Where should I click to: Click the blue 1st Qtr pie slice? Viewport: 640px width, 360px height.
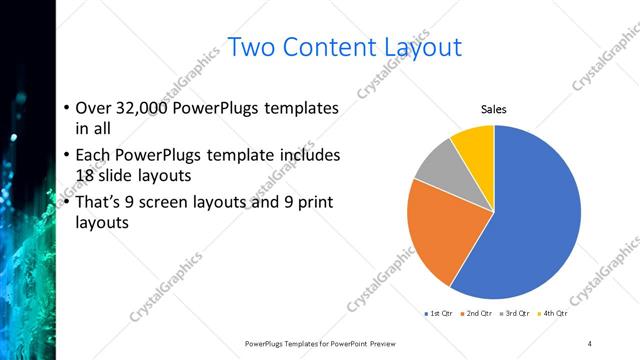530,220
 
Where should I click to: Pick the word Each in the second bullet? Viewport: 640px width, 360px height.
95,155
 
